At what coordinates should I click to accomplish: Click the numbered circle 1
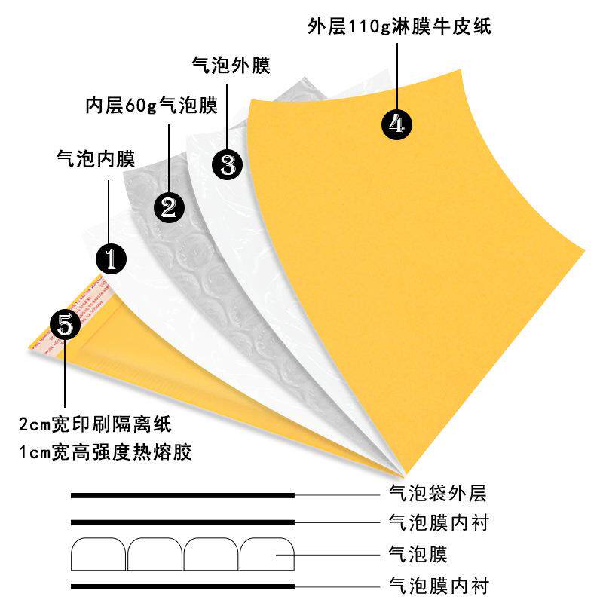110,258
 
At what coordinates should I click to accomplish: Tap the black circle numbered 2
168,205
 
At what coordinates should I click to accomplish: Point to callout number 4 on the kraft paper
396,124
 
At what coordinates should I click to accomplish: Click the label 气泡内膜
95,158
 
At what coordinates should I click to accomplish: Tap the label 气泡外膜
231,66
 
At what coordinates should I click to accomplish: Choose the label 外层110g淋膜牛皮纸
399,27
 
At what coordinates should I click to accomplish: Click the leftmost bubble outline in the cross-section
98,555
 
